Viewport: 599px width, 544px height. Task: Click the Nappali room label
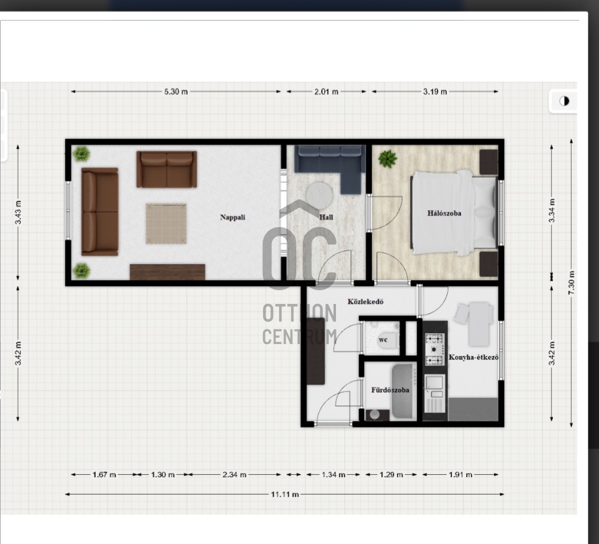(x=233, y=217)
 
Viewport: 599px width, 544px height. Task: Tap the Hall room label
(x=326, y=217)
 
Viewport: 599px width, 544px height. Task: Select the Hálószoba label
(x=444, y=213)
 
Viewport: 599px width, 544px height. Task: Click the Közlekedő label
(x=365, y=302)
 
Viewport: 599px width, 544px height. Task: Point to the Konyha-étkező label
(x=473, y=358)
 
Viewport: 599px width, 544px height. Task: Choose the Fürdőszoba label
(x=390, y=390)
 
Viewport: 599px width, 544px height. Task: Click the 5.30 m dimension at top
(x=176, y=92)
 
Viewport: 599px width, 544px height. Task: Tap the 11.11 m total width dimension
(x=285, y=494)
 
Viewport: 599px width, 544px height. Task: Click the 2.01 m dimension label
(x=326, y=92)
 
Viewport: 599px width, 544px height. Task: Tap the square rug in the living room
(x=166, y=223)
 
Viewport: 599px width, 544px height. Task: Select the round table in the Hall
(x=319, y=195)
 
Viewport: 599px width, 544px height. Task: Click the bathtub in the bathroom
(x=404, y=392)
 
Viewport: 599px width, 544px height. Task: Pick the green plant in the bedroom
(x=388, y=159)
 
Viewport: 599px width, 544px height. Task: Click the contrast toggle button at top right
(x=564, y=101)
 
